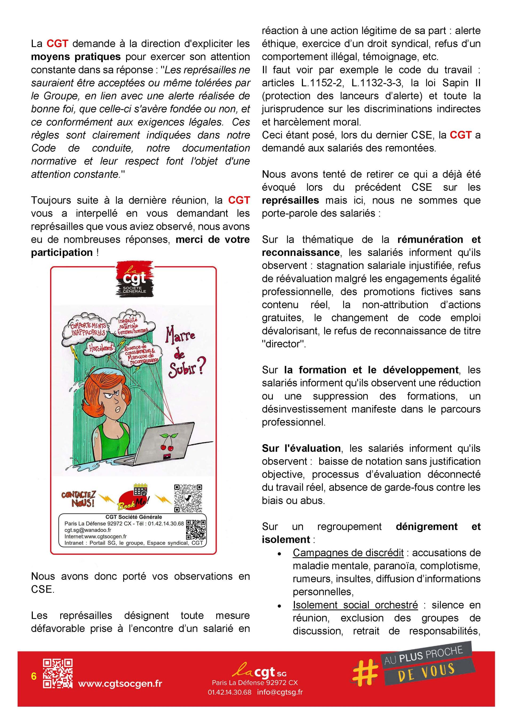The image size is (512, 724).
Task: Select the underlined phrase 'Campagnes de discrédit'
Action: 348,553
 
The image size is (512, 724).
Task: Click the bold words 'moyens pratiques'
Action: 76,57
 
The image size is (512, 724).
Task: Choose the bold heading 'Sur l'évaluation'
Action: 301,448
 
